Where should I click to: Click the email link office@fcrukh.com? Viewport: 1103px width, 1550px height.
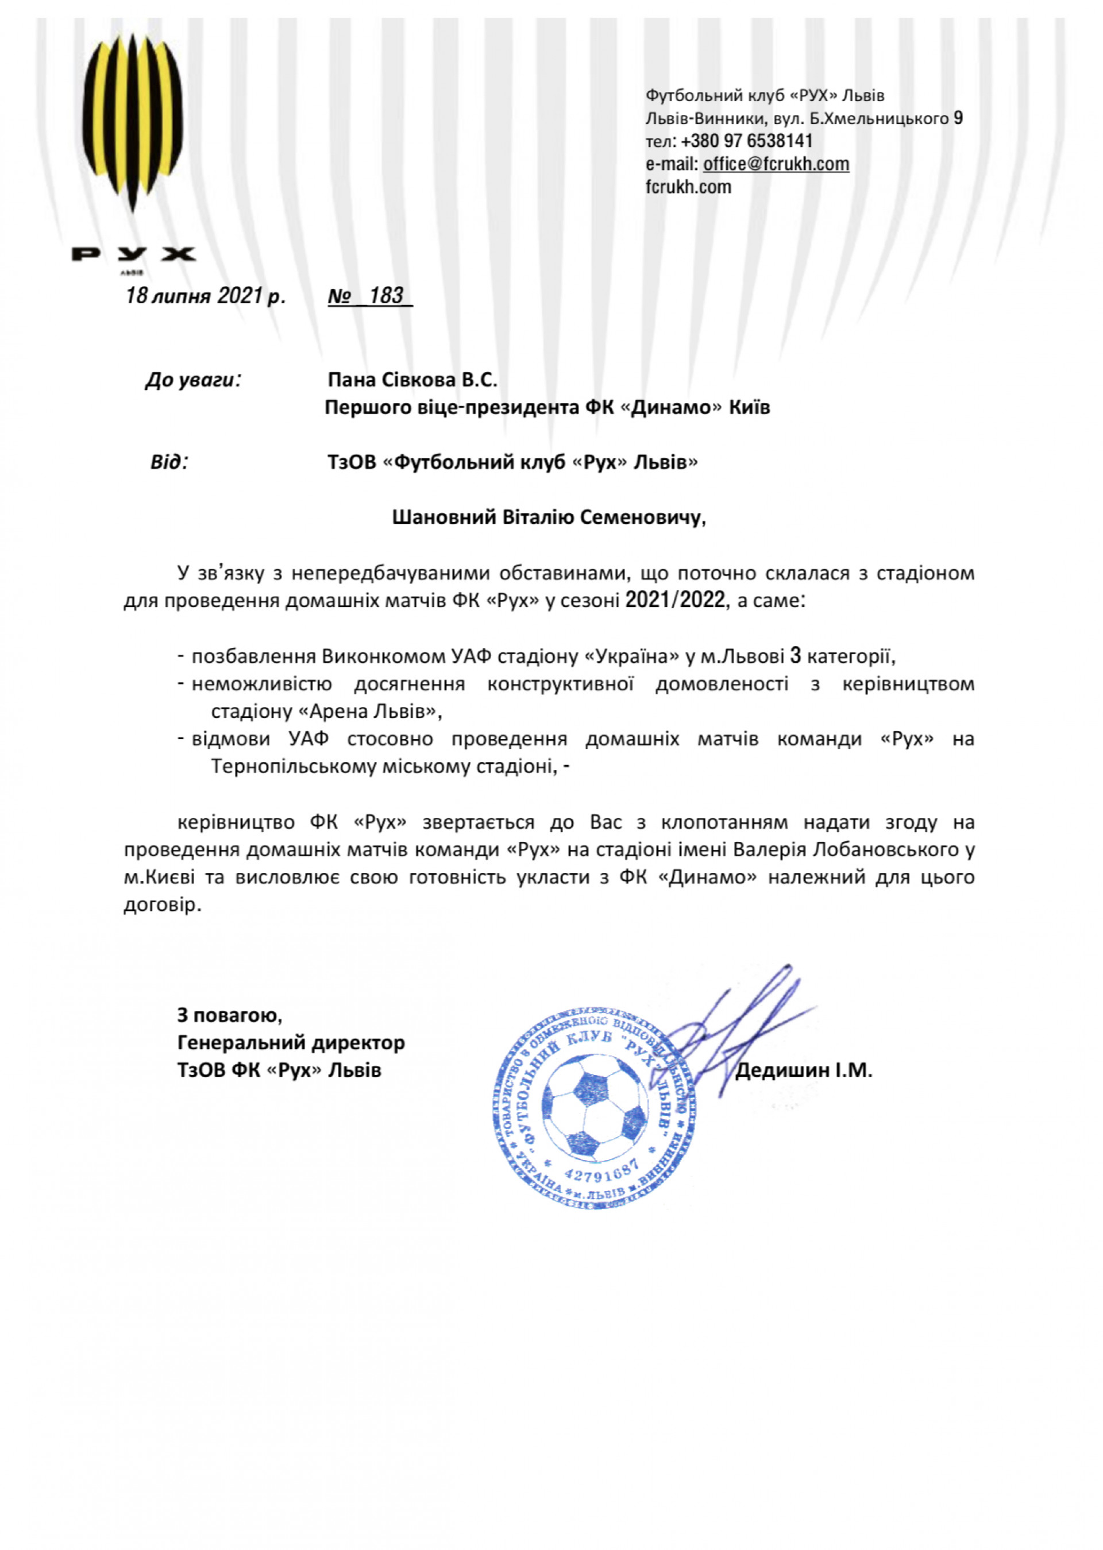(776, 164)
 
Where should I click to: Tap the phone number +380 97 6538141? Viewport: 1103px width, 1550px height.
(746, 141)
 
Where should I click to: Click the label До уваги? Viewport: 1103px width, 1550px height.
(194, 380)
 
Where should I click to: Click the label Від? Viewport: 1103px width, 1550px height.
(168, 462)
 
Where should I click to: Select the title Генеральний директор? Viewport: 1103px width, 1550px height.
(291, 1042)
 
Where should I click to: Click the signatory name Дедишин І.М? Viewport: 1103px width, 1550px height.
(804, 1070)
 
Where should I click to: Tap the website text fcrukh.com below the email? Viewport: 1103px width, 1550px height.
(688, 187)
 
